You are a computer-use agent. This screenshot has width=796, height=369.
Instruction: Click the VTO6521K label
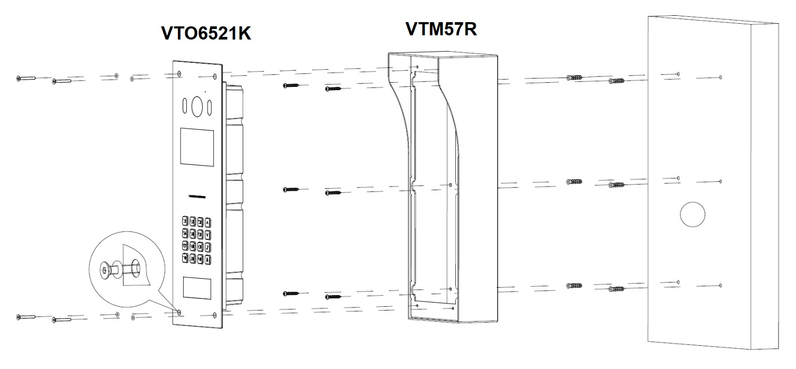tap(206, 33)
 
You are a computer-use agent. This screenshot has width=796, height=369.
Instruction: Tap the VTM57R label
tap(441, 29)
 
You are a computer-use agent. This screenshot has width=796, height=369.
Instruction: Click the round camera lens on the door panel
tap(197, 106)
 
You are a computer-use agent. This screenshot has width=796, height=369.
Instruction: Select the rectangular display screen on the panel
tap(197, 147)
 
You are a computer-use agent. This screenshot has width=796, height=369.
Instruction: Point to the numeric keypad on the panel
tap(197, 240)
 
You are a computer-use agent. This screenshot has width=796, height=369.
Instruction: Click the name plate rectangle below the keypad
tap(197, 288)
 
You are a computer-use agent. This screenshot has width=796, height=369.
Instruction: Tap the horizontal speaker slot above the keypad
tap(197, 196)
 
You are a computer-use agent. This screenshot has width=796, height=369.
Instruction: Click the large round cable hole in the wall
tap(693, 215)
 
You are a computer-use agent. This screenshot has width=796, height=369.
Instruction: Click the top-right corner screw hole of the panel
tap(215, 76)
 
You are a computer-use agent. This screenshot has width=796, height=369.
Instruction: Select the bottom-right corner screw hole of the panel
tap(215, 315)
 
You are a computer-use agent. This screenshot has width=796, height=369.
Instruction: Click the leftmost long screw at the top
tap(26, 78)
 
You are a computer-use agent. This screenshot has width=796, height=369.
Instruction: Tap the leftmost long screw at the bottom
tap(26, 317)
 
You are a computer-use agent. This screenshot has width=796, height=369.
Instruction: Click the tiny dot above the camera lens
tap(205, 92)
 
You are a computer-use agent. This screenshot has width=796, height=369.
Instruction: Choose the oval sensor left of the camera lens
tap(185, 105)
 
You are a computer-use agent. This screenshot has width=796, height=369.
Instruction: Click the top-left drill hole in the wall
tap(678, 74)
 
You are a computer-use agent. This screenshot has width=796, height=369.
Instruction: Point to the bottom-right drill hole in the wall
tap(721, 285)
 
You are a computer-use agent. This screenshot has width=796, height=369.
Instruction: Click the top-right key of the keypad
tap(209, 223)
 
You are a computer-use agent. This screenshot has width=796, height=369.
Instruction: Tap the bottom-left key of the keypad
tap(185, 257)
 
